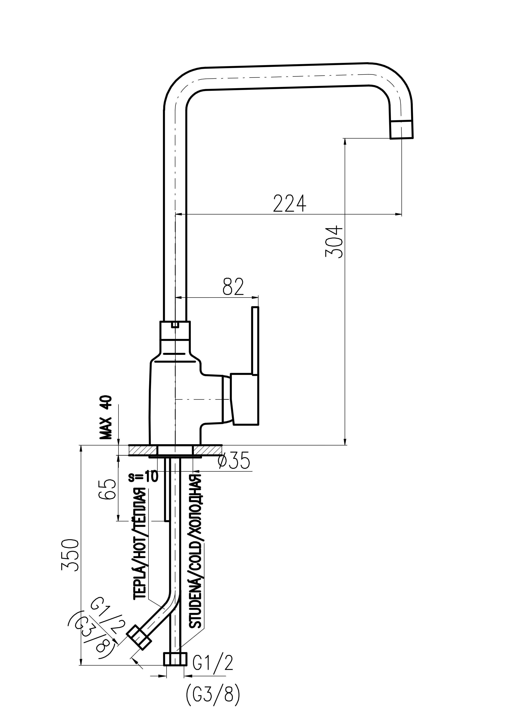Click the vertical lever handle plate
255,366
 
